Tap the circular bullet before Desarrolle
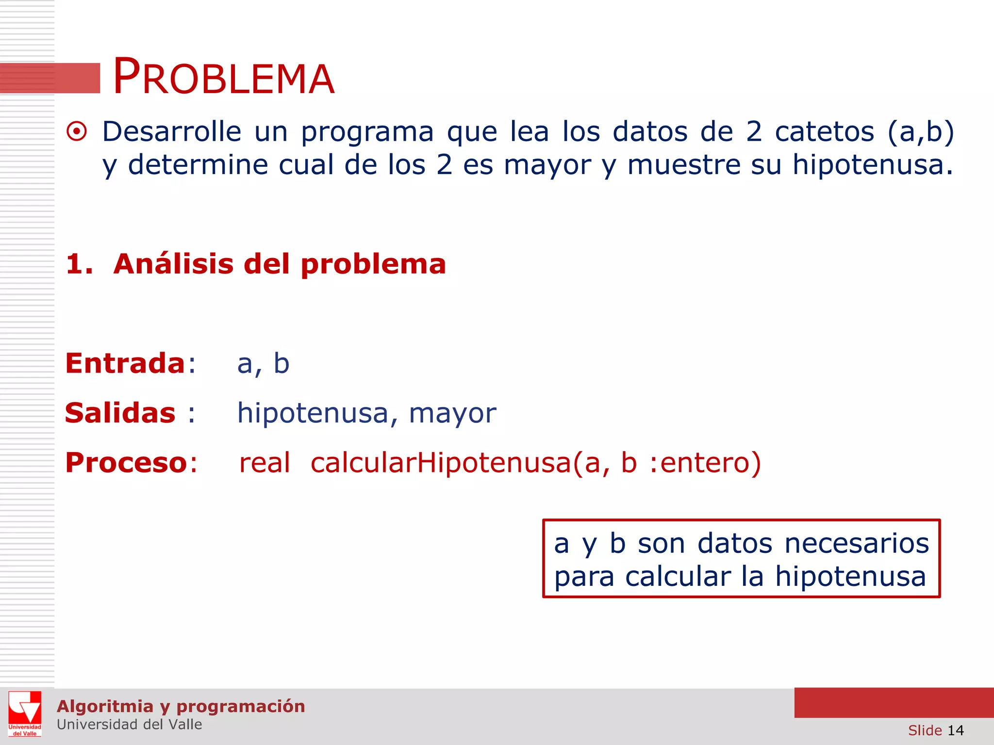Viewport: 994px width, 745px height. point(77,131)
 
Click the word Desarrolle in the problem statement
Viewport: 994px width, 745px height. point(171,131)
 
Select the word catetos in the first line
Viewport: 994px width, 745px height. point(824,131)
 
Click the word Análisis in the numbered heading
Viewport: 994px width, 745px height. point(173,264)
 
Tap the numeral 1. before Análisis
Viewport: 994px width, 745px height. point(79,264)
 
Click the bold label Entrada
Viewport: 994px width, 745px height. point(125,363)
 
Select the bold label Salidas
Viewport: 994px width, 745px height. point(120,413)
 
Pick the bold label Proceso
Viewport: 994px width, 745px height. point(126,463)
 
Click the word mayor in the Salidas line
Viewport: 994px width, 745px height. point(452,413)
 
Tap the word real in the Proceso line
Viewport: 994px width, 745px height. point(265,463)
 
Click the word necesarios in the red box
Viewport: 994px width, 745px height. point(857,543)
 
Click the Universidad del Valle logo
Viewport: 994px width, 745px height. point(25,714)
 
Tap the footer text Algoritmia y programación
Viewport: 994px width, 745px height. point(181,706)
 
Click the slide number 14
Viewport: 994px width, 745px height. point(955,730)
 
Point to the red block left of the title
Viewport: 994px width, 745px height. point(50,78)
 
